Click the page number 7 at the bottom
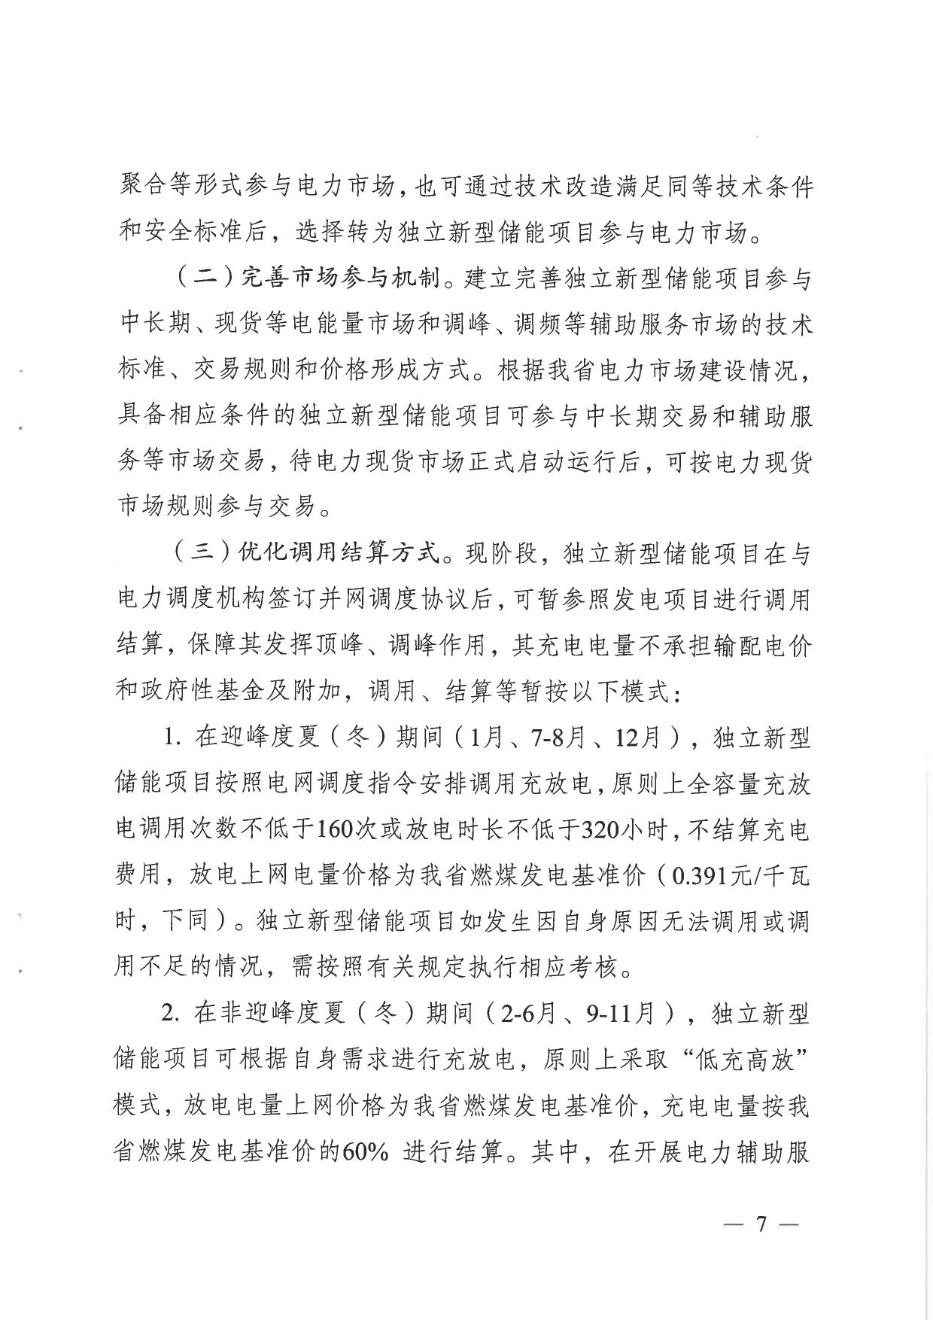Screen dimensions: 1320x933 click(761, 1224)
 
